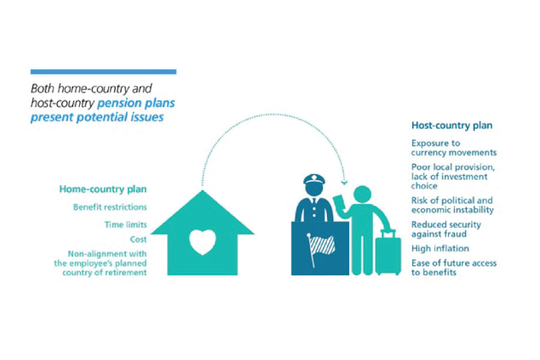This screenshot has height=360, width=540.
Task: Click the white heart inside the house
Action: [202, 242]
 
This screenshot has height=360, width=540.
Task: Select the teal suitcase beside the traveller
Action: [388, 254]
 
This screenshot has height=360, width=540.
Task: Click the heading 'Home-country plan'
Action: [103, 189]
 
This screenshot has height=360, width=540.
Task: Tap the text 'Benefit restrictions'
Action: [110, 208]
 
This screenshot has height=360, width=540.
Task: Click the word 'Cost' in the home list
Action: [138, 239]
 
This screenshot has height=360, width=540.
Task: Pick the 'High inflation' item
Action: [440, 248]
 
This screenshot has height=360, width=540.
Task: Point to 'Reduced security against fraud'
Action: [446, 229]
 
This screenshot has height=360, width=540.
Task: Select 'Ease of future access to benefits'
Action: [454, 268]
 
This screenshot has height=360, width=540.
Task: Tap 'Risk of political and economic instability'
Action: [452, 205]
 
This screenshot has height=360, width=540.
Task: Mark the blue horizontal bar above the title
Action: [103, 71]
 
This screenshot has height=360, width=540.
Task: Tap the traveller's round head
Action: [362, 196]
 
